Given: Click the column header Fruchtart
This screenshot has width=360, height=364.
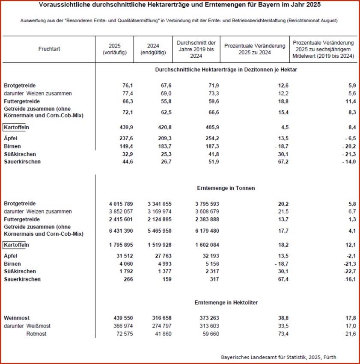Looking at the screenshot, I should click(x=49, y=49).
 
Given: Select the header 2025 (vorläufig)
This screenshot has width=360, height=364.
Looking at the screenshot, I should click(x=115, y=49).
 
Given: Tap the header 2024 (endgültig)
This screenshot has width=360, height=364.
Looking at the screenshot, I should click(x=153, y=49).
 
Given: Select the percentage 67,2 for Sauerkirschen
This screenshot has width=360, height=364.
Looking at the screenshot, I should click(x=283, y=162).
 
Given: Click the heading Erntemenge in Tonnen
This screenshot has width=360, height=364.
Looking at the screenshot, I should click(x=226, y=188).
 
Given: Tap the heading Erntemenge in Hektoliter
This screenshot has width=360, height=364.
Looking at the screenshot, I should click(x=226, y=302).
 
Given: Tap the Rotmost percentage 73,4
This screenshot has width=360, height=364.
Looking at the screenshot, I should click(x=283, y=334).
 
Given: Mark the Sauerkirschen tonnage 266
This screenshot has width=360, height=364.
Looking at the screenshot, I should click(x=128, y=279).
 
